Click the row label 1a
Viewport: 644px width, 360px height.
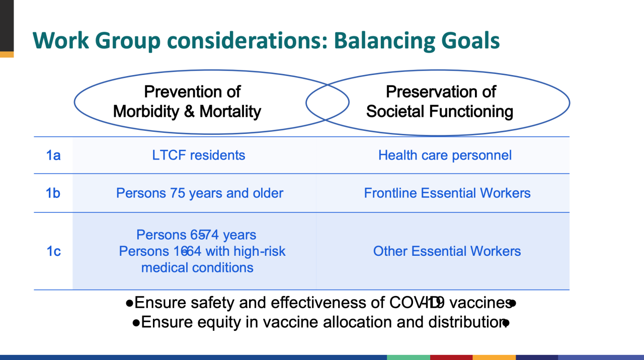(53, 155)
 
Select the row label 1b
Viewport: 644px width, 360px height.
(53, 193)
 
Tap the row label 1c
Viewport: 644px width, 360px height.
(53, 251)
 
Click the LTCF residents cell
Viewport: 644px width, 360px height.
(199, 155)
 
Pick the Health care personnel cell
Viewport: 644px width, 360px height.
(445, 155)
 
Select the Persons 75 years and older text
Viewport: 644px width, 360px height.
(200, 193)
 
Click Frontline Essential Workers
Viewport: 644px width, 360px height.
(447, 193)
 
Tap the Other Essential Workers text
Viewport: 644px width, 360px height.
(447, 251)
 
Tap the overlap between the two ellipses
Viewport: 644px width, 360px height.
(328, 102)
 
